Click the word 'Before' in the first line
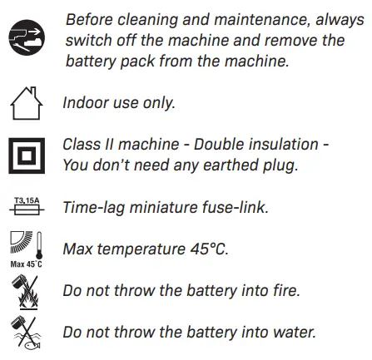90,18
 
